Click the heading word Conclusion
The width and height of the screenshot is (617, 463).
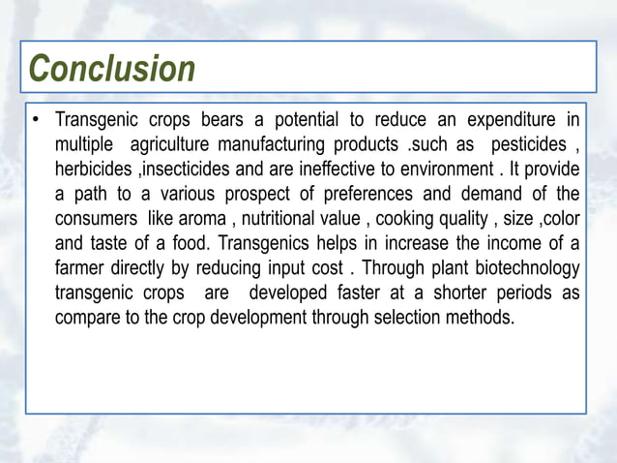tap(112, 69)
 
